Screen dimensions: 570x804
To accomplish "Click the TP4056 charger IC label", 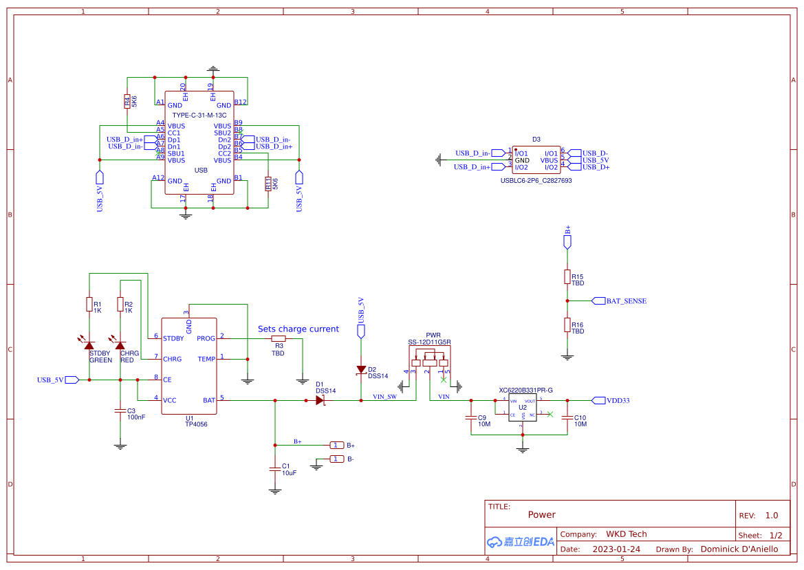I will (x=196, y=424).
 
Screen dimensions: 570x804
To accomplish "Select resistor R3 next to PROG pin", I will (x=278, y=339).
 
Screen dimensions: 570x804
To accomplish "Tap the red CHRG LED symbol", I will (x=120, y=344).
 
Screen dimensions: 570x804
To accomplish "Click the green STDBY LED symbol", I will (x=89, y=344).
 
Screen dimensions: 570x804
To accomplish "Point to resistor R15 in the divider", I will (x=567, y=276).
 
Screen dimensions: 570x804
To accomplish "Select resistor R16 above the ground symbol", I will (x=567, y=325).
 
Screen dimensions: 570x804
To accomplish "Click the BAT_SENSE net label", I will (x=625, y=301).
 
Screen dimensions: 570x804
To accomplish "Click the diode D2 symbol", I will (x=361, y=370).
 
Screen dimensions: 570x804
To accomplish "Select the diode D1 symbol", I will (x=320, y=400).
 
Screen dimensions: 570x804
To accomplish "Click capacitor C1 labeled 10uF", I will (x=275, y=469).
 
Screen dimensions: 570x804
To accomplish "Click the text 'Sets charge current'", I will (x=298, y=329).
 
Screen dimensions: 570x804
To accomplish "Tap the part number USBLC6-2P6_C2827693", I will (x=536, y=180).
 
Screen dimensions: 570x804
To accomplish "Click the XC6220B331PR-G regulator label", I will (x=525, y=391).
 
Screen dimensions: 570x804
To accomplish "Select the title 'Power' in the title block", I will (x=541, y=514).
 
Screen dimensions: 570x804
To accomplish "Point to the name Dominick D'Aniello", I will (x=739, y=549).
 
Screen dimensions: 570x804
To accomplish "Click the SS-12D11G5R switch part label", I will (x=429, y=342).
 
